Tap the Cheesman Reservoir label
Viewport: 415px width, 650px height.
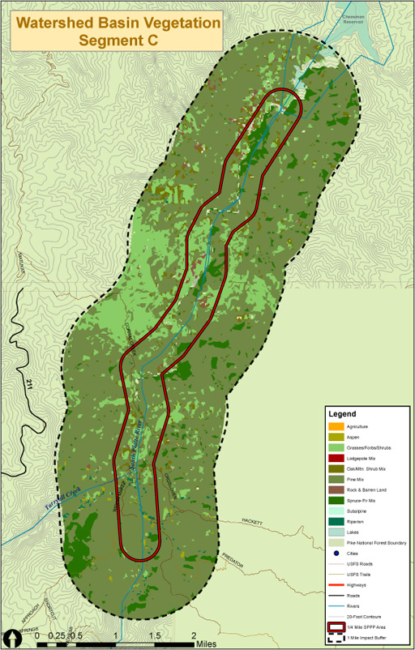point(355,20)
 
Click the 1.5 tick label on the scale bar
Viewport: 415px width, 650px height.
point(155,635)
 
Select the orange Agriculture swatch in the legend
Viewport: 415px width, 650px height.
point(334,426)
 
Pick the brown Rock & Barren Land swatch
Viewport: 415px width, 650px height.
point(334,490)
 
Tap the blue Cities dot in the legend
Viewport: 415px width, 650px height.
point(334,552)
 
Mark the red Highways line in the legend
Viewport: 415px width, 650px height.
point(334,584)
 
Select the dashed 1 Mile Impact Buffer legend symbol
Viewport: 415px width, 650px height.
point(334,639)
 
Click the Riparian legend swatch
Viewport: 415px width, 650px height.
point(334,521)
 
